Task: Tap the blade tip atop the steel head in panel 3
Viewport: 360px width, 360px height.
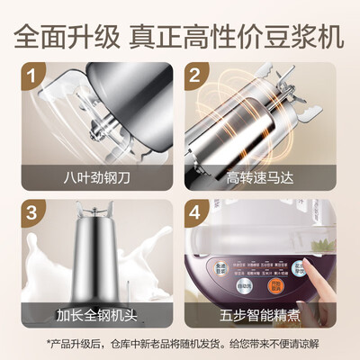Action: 94,212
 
